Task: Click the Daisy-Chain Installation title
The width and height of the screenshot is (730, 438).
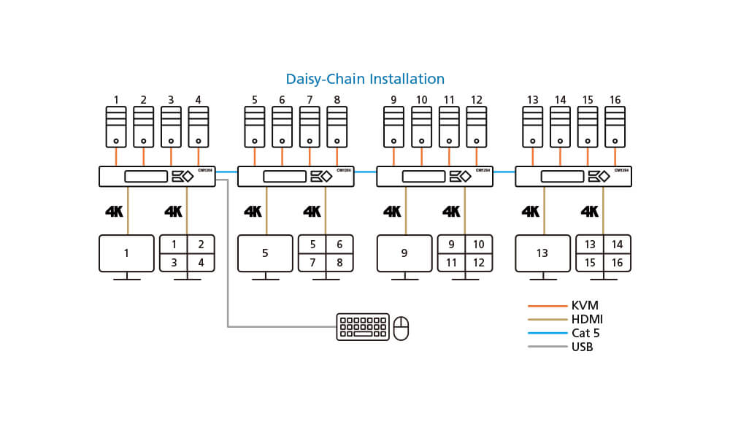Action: coord(365,79)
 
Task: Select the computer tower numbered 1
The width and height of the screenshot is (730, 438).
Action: coord(116,127)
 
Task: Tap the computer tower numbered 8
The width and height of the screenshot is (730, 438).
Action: coord(337,127)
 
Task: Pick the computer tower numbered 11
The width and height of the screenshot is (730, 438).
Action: coord(449,127)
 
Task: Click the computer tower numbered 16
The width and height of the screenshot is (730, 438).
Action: coord(615,127)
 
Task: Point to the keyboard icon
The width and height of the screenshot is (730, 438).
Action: coord(362,327)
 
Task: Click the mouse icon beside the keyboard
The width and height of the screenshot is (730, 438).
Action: coord(401,328)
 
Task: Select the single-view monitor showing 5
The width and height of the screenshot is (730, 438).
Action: coord(265,253)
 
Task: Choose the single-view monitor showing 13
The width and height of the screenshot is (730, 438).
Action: coord(542,253)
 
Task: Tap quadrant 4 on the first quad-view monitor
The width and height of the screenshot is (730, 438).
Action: coord(201,263)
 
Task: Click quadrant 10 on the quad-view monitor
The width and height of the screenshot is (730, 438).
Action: coord(479,245)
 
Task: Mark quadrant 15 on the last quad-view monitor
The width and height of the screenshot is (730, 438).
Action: coord(590,263)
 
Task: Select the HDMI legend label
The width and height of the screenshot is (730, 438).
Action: coord(588,320)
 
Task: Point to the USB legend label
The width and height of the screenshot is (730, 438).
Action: coord(583,347)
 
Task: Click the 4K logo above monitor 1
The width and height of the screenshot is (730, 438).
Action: coord(115,212)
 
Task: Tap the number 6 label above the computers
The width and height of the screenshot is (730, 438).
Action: coord(282,100)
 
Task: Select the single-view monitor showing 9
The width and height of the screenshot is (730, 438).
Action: coord(404,253)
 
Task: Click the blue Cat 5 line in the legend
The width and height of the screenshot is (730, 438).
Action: coord(547,334)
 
